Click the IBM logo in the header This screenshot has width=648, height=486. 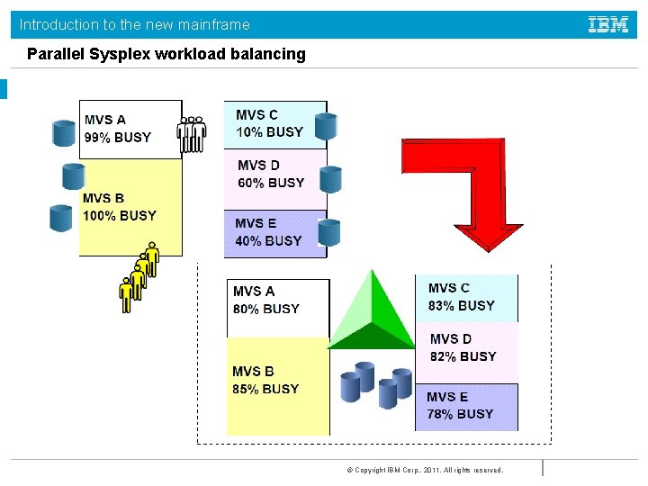click(x=608, y=24)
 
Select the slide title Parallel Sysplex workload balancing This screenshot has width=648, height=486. click(x=166, y=54)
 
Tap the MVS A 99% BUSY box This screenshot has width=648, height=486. click(x=130, y=129)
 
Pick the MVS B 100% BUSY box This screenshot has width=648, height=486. click(x=130, y=208)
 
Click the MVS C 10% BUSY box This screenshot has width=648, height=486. click(x=274, y=124)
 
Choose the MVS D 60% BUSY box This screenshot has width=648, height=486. click(x=274, y=175)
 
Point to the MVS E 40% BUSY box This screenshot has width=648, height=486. click(x=274, y=233)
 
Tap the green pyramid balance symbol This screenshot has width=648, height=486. click(x=371, y=310)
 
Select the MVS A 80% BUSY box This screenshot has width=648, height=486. click(x=277, y=302)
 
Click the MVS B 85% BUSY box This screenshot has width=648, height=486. click(x=277, y=382)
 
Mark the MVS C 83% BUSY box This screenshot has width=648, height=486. click(x=466, y=298)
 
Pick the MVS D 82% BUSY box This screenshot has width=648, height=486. click(x=466, y=348)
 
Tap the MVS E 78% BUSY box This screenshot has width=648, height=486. click(x=466, y=406)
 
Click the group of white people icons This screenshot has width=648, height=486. click(x=192, y=132)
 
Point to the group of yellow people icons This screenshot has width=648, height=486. click(x=139, y=275)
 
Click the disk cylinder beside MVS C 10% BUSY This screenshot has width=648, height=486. click(x=326, y=127)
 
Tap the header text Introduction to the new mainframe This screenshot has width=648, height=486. click(x=135, y=24)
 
